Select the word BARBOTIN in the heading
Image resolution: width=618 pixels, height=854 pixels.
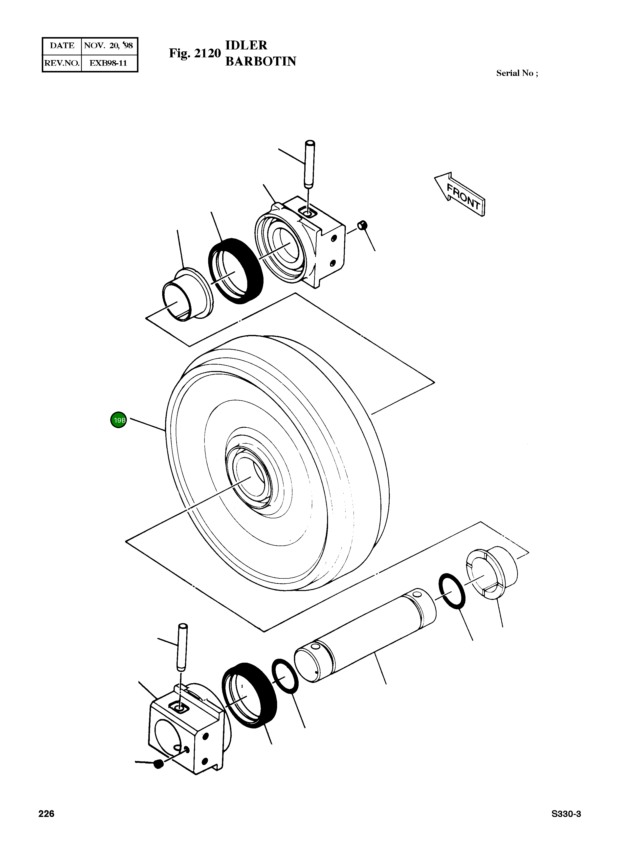point(261,61)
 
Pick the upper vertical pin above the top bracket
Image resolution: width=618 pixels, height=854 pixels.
point(309,164)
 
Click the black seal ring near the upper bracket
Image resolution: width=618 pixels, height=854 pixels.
point(236,270)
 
